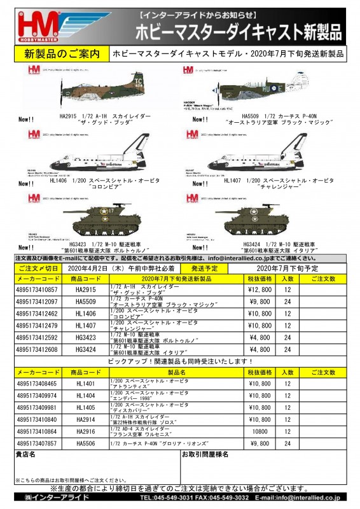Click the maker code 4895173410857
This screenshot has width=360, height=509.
pos(39,289)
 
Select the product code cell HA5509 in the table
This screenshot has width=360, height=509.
pos(86,302)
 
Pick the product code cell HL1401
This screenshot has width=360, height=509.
pos(86,384)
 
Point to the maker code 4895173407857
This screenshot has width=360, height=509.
pos(39,443)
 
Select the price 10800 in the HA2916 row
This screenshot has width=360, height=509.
pos(261,431)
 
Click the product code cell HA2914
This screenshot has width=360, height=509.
pos(86,420)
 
